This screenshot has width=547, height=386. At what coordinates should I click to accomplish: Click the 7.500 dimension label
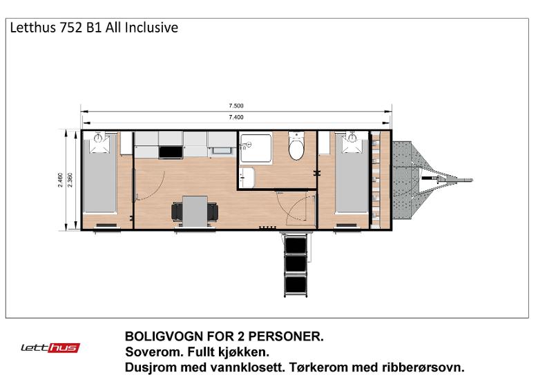pos(236,106)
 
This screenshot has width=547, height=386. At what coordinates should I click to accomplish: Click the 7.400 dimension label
pos(236,117)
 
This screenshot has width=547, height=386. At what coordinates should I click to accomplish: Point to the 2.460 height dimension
pos(60,180)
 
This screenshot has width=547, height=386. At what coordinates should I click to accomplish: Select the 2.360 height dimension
pos(70,180)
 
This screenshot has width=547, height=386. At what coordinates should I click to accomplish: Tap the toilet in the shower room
pos(296,146)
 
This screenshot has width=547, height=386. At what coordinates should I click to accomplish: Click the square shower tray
pos(256,148)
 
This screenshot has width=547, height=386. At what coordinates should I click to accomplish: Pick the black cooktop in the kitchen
pos(171,152)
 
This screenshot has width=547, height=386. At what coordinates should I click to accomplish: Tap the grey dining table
pos(195,212)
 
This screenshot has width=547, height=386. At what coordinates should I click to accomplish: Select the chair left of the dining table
pos(177,212)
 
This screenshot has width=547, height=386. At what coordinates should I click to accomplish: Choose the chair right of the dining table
pos(213,212)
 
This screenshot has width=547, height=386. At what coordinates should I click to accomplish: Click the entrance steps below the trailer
pos(296,265)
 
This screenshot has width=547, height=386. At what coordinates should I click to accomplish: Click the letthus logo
pos(50,347)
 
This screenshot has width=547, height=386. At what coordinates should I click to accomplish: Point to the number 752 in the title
pos(72,28)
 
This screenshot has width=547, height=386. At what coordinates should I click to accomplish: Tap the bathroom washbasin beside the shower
pos(247,177)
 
